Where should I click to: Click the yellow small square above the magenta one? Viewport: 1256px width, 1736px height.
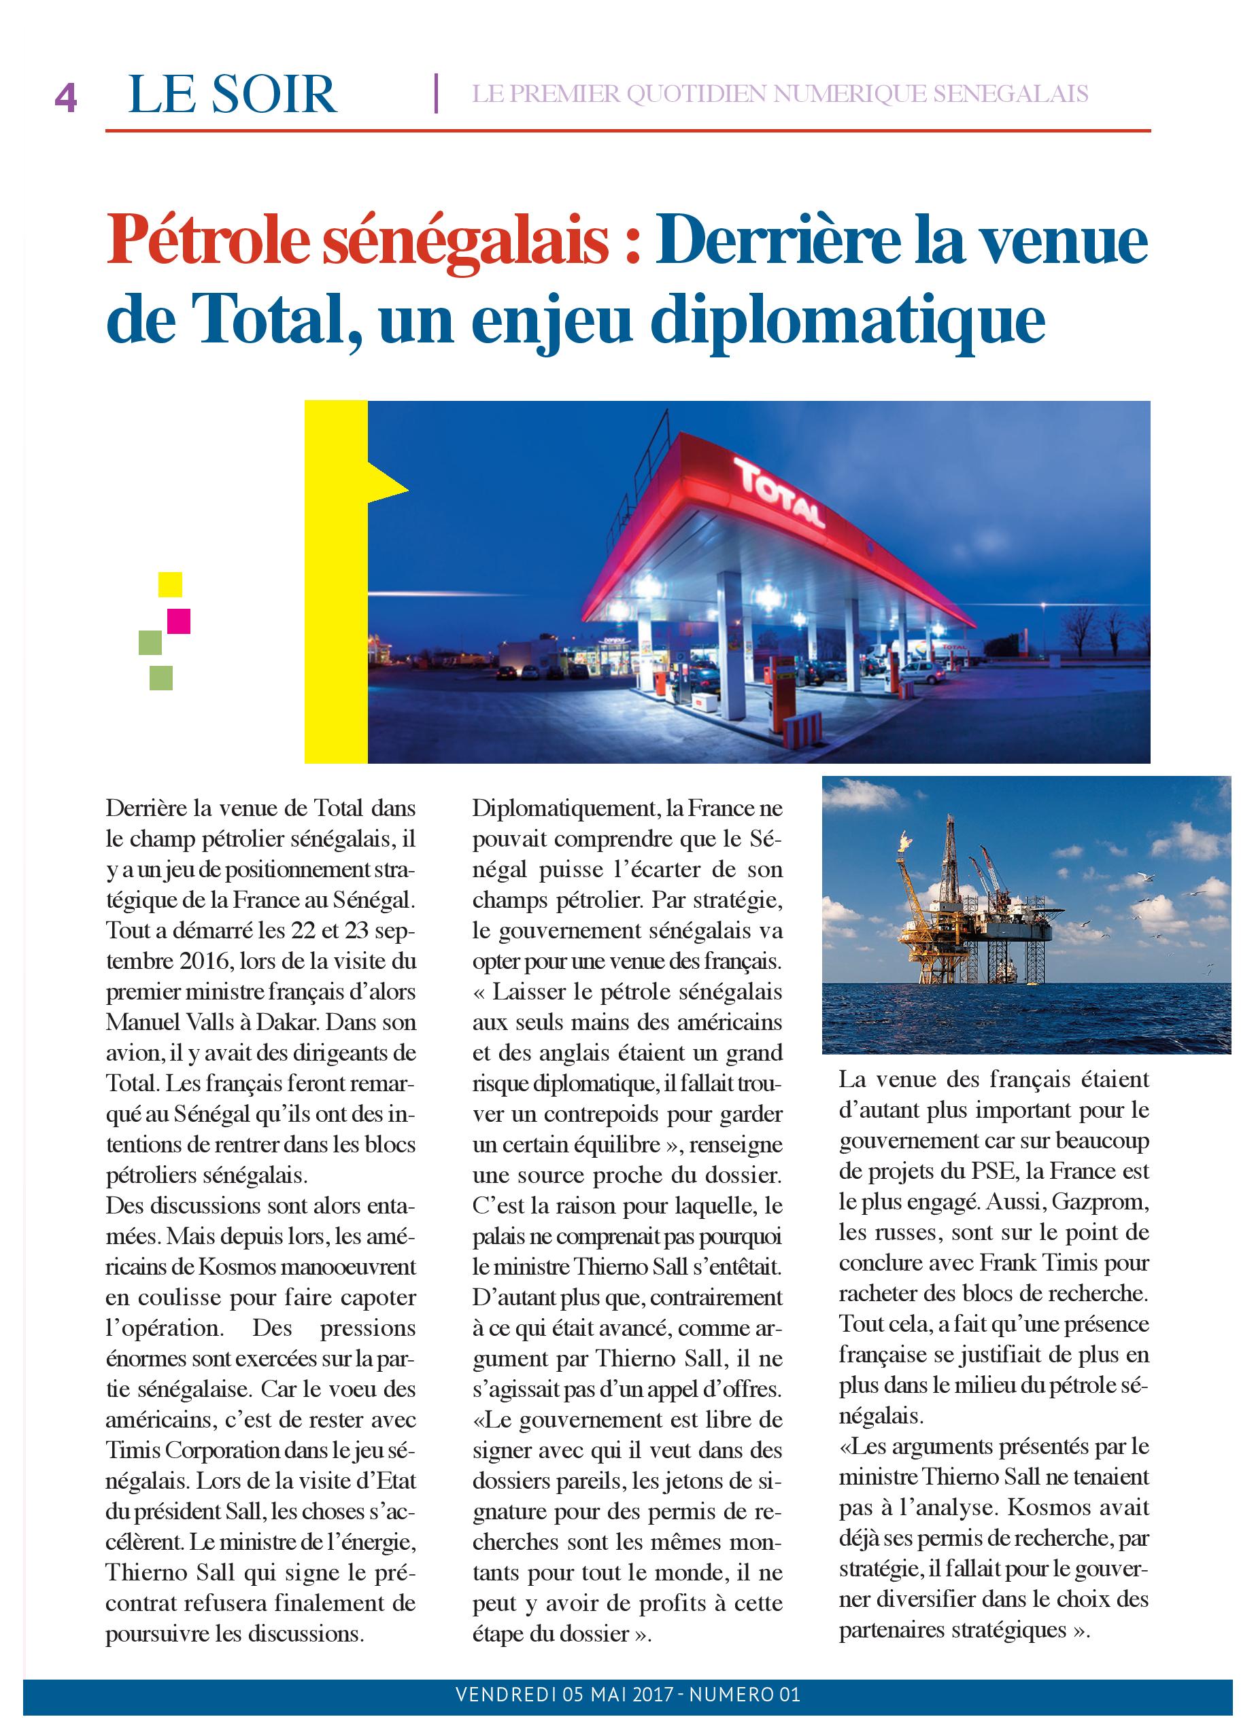(x=170, y=584)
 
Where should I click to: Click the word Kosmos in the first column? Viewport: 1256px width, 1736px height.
(x=237, y=1266)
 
